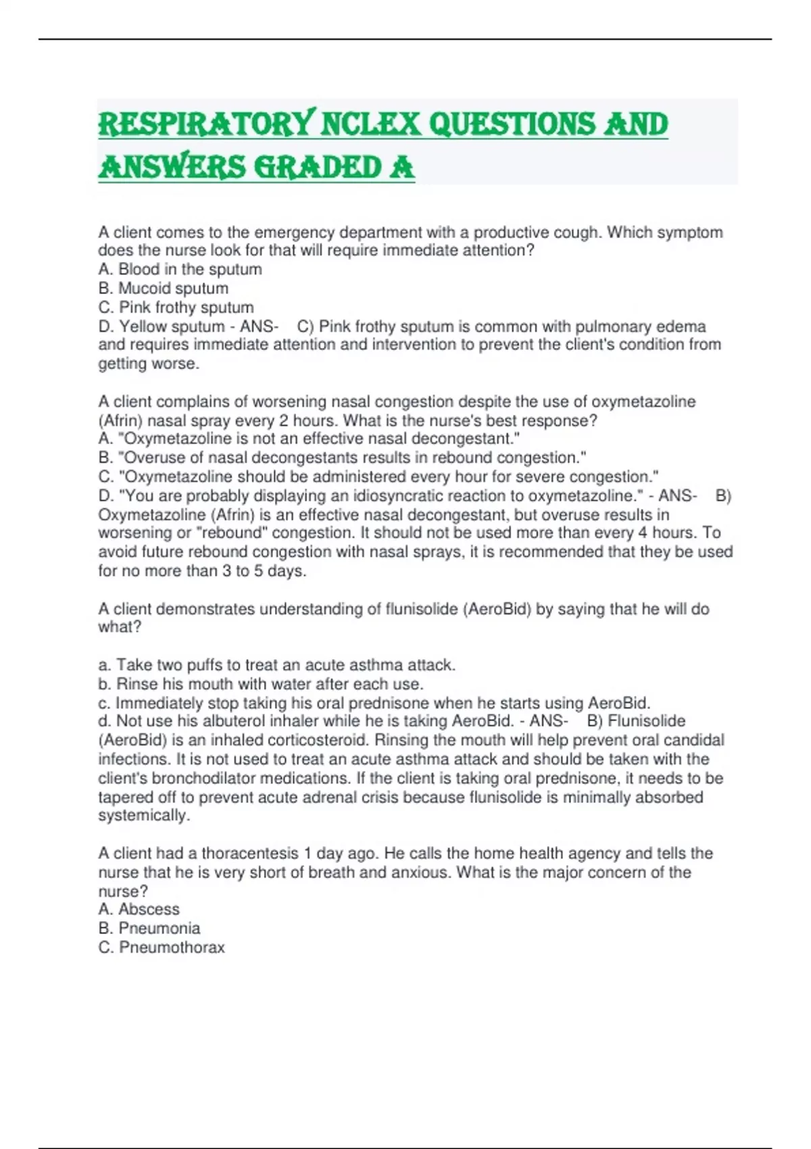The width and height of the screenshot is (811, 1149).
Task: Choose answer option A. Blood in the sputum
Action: (180, 269)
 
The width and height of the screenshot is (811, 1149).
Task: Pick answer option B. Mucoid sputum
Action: (163, 288)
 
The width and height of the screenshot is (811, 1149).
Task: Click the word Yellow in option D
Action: (144, 326)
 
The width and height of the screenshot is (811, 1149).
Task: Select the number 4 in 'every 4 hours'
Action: (642, 533)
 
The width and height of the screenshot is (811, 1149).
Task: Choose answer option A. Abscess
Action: (139, 909)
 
